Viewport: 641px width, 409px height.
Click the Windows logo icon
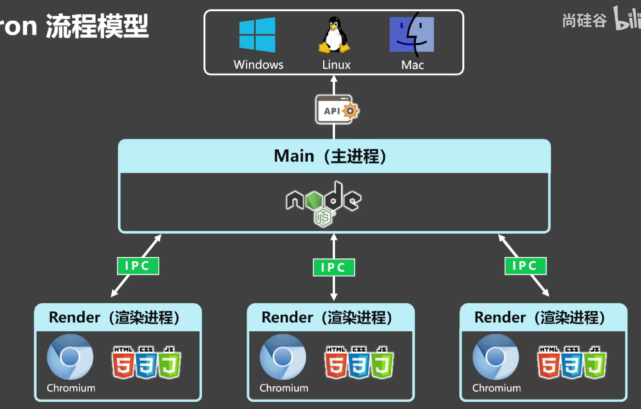click(x=257, y=35)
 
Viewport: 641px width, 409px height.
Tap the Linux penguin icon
click(x=334, y=35)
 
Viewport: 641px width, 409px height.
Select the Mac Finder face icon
click(x=412, y=34)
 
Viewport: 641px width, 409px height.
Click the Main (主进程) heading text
click(x=330, y=156)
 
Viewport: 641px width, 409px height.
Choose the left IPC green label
click(x=138, y=266)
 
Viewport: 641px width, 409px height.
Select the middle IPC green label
click(x=334, y=267)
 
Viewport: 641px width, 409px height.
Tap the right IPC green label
click(x=525, y=266)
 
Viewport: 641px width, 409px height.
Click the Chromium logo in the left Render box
click(x=70, y=357)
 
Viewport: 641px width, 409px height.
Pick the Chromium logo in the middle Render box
click(x=283, y=357)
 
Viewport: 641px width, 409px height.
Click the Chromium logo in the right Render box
click(x=496, y=357)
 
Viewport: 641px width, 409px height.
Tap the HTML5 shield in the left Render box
click(x=123, y=363)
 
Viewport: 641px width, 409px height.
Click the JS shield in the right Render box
click(x=595, y=363)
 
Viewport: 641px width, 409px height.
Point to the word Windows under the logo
click(x=258, y=65)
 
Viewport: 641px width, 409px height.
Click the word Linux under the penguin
click(x=336, y=65)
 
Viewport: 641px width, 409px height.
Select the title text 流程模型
click(x=97, y=26)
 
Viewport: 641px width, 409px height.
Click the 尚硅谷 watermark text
click(x=585, y=21)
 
